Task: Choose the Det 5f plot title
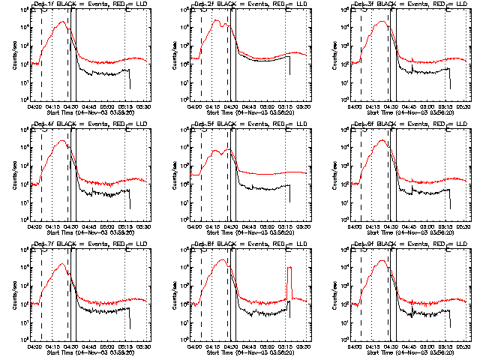pyautogui.click(x=244, y=123)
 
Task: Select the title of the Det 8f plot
pyautogui.click(x=244, y=244)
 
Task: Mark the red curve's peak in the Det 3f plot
pyautogui.click(x=383, y=22)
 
